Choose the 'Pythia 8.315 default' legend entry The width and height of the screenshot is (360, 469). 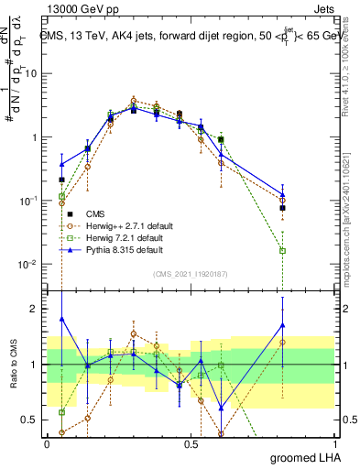pyautogui.click(x=132, y=248)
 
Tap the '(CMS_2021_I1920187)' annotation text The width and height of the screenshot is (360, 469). pyautogui.click(x=191, y=273)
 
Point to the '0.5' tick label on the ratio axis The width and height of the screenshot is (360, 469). pyautogui.click(x=31, y=420)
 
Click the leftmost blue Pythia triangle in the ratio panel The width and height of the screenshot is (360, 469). pyautogui.click(x=61, y=319)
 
